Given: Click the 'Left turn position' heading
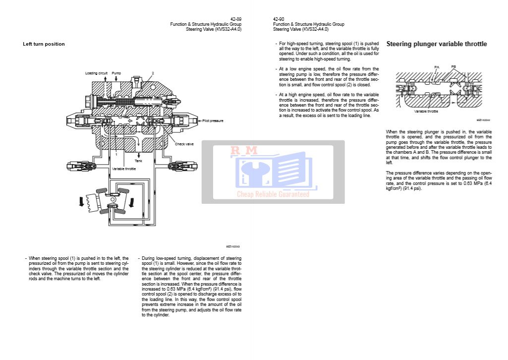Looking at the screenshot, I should click(x=44, y=44).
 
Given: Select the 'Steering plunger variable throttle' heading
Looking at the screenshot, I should click(x=436, y=44).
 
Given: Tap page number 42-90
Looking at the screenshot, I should click(x=279, y=19).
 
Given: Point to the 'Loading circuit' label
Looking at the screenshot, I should click(x=96, y=73).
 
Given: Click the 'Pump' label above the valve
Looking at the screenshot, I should click(x=116, y=73).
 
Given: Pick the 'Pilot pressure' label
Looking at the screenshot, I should click(x=213, y=120).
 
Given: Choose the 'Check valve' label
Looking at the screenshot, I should click(x=184, y=144).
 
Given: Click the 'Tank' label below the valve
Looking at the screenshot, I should click(x=139, y=161).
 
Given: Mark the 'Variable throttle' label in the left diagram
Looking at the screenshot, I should click(x=123, y=169).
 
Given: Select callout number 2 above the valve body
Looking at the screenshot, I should click(x=153, y=73).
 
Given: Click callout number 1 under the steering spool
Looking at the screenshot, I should click(x=116, y=155).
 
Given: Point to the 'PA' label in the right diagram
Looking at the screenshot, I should click(x=437, y=66).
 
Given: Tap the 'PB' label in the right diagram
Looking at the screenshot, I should click(x=453, y=66).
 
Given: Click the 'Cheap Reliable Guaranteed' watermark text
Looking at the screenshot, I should click(x=273, y=194).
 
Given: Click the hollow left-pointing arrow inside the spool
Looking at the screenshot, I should click(x=130, y=121).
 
